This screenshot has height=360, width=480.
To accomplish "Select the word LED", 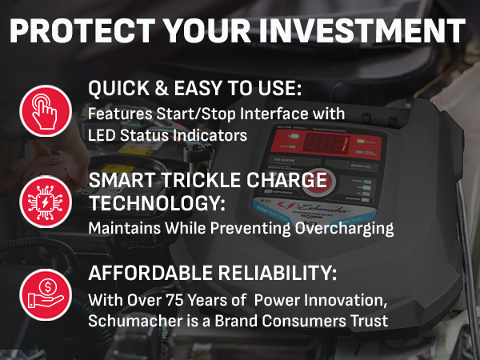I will [x=102, y=134].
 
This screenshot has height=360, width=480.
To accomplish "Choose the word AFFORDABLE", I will [x=149, y=274].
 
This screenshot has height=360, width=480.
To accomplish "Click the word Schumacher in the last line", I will [x=131, y=320].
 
